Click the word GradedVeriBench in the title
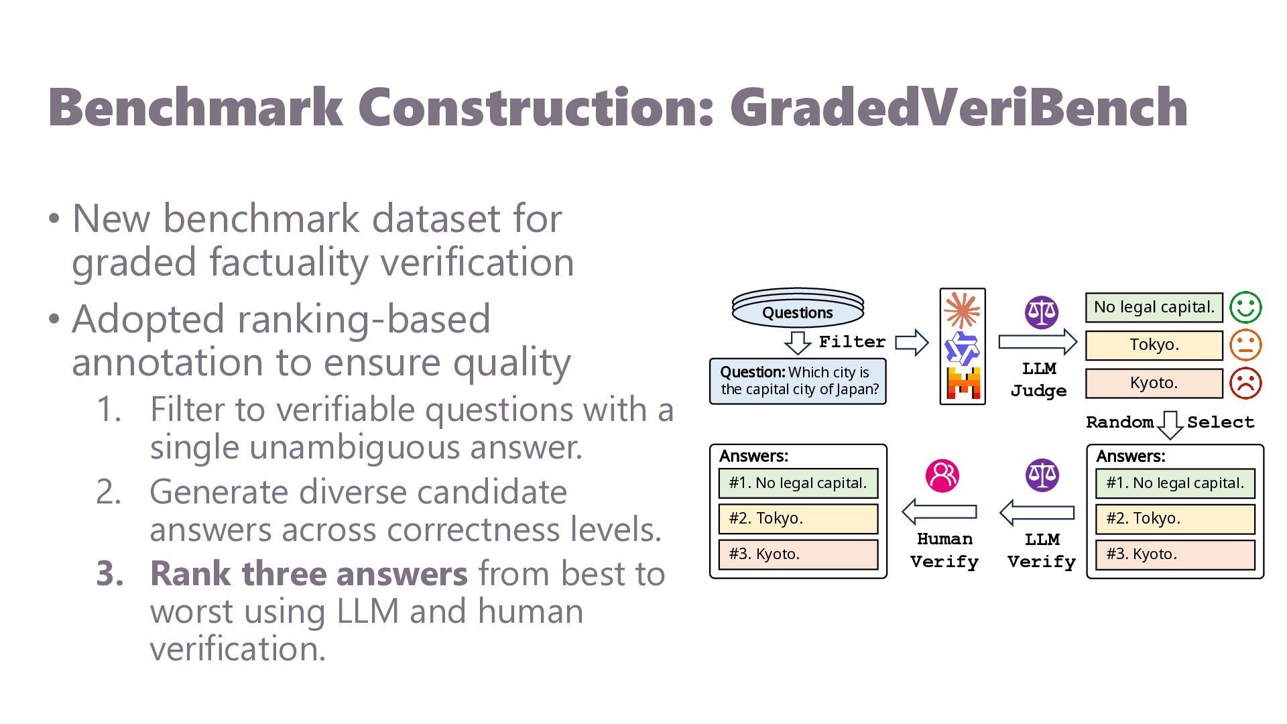(959, 108)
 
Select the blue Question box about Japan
(798, 381)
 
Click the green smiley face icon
(1245, 307)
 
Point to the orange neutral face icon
(1245, 345)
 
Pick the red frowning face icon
(1245, 383)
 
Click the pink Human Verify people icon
(942, 476)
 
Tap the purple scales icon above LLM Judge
(1042, 312)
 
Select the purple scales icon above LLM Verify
(1042, 475)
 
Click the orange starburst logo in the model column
(962, 311)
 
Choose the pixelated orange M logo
(963, 383)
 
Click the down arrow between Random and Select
(1170, 425)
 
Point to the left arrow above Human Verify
(939, 512)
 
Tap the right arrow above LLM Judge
(1038, 342)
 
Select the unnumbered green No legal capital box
(1154, 307)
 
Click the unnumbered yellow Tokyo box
(1154, 345)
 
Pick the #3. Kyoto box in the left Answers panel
(798, 554)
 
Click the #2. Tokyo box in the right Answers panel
(1175, 519)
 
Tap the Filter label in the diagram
(852, 342)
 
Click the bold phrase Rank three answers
(308, 574)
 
